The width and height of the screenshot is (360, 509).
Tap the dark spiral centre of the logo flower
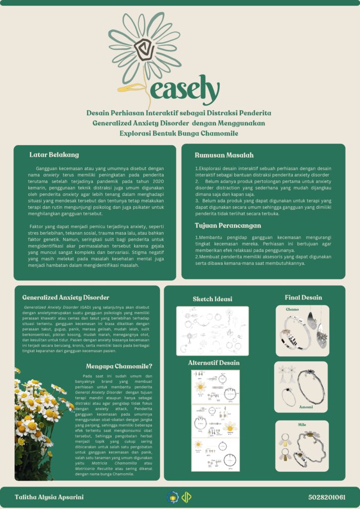144,48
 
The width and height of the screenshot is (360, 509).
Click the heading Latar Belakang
54,155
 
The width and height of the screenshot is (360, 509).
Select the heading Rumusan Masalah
224,155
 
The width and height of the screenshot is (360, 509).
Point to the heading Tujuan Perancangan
228,226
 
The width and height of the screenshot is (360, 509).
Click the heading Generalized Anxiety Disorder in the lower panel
66,297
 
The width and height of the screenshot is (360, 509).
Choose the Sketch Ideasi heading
212,299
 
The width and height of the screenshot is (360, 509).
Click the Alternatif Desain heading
214,363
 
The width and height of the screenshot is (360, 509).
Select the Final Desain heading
303,297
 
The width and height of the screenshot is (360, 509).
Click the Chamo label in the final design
292,309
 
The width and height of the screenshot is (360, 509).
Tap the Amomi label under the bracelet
306,407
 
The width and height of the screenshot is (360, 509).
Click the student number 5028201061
326,497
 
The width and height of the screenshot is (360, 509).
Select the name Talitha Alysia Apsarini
49,497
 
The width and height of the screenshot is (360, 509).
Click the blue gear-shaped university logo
173,497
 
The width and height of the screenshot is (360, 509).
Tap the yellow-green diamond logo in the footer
186,497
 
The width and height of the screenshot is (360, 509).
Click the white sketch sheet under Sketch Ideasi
212,331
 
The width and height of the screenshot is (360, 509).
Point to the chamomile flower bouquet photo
37,423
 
